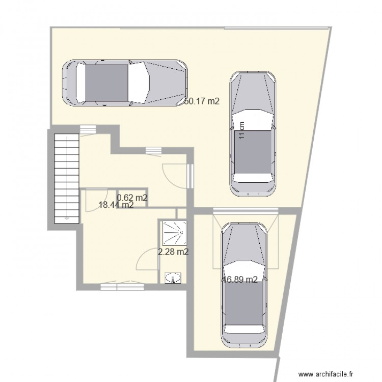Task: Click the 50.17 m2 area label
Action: click(x=202, y=101)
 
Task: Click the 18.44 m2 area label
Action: click(x=116, y=205)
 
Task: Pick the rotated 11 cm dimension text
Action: click(x=242, y=130)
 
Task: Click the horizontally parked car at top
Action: click(x=124, y=83)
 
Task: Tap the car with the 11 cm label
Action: click(x=254, y=133)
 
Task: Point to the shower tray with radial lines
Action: click(x=174, y=232)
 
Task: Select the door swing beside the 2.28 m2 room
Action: click(x=144, y=258)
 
